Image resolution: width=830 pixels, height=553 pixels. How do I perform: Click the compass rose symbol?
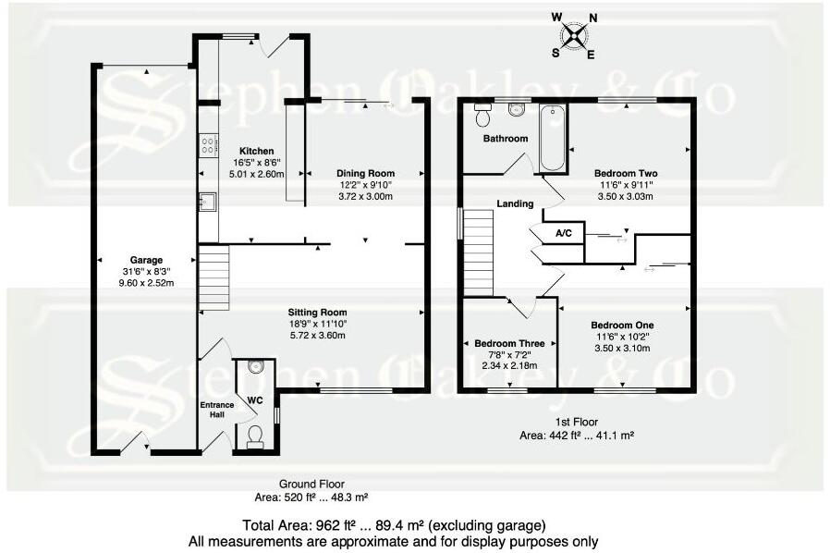(x=574, y=35)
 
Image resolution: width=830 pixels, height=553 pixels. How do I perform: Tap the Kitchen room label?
(x=256, y=151)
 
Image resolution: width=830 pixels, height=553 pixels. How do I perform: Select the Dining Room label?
(x=365, y=173)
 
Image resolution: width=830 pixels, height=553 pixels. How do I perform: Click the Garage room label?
(x=146, y=260)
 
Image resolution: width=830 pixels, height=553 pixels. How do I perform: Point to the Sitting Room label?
(x=316, y=313)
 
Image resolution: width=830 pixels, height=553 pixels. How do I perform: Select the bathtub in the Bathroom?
(x=552, y=139)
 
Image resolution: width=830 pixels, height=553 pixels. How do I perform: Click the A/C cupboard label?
(x=564, y=235)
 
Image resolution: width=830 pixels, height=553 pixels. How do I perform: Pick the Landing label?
(x=515, y=203)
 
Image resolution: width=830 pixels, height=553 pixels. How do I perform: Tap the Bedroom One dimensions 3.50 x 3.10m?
(x=622, y=349)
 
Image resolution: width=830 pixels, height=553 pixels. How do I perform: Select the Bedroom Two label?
(x=626, y=173)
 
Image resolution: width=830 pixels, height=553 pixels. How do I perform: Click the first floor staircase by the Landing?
(x=479, y=249)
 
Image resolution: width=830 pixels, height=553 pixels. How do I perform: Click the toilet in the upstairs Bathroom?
(x=482, y=116)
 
